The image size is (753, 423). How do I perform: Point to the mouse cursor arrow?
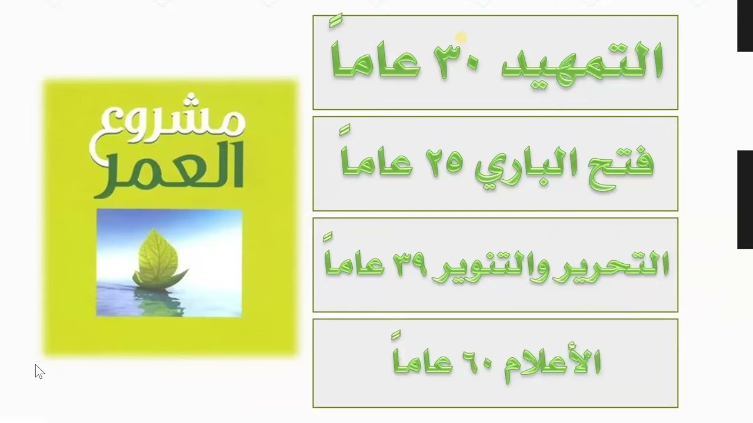tap(39, 371)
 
